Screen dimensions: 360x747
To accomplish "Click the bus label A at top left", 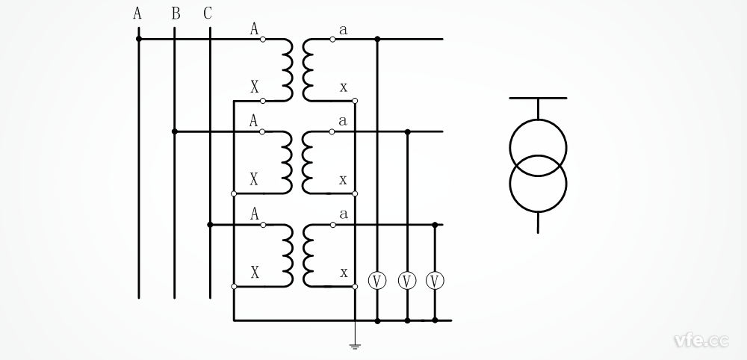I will pyautogui.click(x=137, y=13).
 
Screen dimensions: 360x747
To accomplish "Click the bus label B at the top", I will pyautogui.click(x=176, y=13).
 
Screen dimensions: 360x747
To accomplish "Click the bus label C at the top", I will pyautogui.click(x=208, y=13).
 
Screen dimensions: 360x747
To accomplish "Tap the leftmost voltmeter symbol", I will pyautogui.click(x=377, y=281).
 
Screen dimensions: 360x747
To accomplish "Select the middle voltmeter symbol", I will pyautogui.click(x=407, y=281).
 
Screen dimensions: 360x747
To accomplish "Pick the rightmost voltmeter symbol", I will pyautogui.click(x=435, y=281).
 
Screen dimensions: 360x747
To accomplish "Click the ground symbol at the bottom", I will pyautogui.click(x=355, y=345).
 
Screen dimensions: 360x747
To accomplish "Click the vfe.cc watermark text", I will pyautogui.click(x=701, y=341).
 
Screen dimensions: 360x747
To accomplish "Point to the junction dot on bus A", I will pyautogui.click(x=138, y=39).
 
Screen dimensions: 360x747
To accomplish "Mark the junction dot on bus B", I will pyautogui.click(x=174, y=131).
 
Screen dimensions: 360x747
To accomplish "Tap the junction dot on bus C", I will pyautogui.click(x=210, y=224).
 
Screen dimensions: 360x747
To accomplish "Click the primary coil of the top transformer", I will pyautogui.click(x=288, y=69).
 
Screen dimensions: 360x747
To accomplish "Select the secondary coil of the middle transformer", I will pyautogui.click(x=306, y=162).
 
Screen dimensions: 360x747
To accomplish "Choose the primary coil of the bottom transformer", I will pyautogui.click(x=288, y=255).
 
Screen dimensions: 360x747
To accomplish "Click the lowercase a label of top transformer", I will pyautogui.click(x=344, y=30).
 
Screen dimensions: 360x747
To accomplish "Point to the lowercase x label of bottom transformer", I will pyautogui.click(x=344, y=273).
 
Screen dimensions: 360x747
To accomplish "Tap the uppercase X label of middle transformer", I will pyautogui.click(x=254, y=179).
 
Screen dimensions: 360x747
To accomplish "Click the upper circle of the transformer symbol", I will pyautogui.click(x=538, y=147).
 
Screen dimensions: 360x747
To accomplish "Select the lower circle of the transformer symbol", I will pyautogui.click(x=538, y=184).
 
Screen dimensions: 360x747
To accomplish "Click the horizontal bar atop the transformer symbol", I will pyautogui.click(x=538, y=98).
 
